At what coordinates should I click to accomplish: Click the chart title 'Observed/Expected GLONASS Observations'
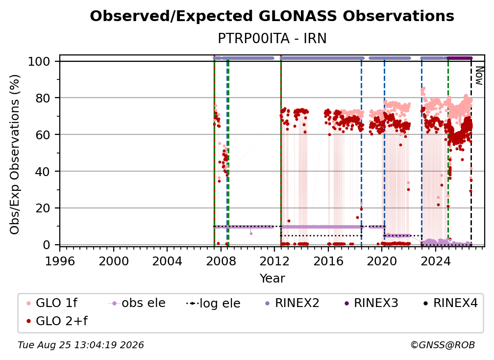coord(272,16)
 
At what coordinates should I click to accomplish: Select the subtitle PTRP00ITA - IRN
coord(272,38)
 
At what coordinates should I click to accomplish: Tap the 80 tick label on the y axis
coord(43,98)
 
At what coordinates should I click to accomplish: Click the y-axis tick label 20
coord(43,208)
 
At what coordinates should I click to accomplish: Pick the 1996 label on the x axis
coord(60,261)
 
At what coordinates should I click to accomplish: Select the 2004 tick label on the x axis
coord(167,261)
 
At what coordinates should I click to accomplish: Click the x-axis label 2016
coord(328,261)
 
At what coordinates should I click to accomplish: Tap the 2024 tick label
coord(435,261)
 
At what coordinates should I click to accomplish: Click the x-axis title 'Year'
coord(272,279)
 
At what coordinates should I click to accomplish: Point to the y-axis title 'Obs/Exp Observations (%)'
coord(15,154)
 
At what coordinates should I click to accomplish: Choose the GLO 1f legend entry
coord(52,303)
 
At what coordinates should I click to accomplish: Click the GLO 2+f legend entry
coord(57,321)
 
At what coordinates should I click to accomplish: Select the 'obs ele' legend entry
coord(137,303)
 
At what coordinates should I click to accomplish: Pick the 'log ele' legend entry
coord(213,303)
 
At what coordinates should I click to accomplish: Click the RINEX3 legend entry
coord(371,303)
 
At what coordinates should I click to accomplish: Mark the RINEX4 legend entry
coord(450,303)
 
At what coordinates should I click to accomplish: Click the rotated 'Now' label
coord(479,76)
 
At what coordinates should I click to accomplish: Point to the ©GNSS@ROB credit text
coord(443,345)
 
